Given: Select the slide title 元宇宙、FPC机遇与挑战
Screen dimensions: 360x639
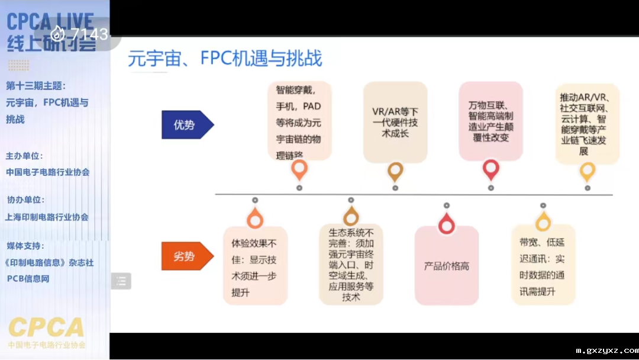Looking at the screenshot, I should point(225,59).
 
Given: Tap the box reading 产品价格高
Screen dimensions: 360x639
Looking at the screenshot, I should point(447,266).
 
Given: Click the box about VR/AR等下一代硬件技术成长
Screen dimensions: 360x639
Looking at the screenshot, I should point(395,123).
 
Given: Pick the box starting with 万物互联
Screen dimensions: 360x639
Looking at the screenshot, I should point(490,121).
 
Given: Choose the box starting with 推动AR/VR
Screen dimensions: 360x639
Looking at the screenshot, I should point(587,124).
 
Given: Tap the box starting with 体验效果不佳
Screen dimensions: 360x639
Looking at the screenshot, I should point(255,266).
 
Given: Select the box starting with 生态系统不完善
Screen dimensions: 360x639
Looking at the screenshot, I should point(351,265).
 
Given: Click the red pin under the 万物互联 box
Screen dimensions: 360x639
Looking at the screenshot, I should point(491,170).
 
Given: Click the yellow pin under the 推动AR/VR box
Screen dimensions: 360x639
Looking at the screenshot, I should point(587,172).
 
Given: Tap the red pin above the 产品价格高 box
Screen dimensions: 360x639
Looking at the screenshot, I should point(446,224).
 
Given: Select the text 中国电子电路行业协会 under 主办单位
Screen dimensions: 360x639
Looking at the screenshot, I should point(48,172).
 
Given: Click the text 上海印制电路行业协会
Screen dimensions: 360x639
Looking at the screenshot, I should point(47,217).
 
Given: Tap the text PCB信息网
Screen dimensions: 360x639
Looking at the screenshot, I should point(28,278).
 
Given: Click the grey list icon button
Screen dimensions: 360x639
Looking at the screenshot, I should point(121,281).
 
